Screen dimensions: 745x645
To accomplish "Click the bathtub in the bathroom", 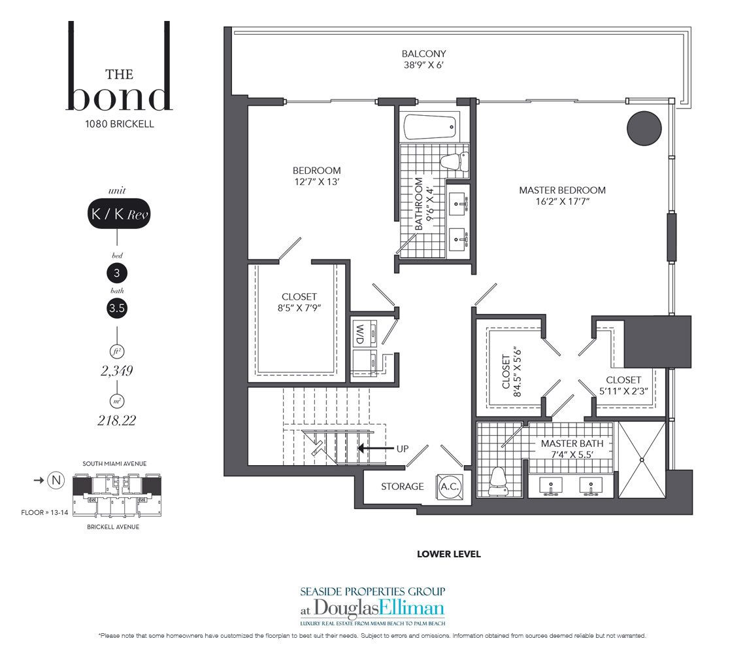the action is (x=431, y=126).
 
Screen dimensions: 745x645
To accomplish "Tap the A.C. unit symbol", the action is (x=449, y=487).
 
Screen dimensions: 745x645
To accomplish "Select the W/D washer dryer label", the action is (x=359, y=334).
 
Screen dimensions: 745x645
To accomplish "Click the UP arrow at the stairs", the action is (x=376, y=448).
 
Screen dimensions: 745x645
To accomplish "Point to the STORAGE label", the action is (x=402, y=486).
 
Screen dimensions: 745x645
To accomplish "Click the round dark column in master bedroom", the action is (x=644, y=128).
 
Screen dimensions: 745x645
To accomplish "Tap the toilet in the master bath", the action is (x=497, y=481).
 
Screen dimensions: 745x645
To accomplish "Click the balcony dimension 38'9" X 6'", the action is (x=423, y=65).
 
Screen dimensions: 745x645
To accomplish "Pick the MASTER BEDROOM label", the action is (x=562, y=190).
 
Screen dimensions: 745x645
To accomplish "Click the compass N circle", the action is (x=56, y=480).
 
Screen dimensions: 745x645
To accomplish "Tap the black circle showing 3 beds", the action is (x=117, y=273).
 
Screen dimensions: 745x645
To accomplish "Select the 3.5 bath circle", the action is (x=117, y=308).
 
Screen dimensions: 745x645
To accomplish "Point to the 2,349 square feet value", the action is (x=116, y=370).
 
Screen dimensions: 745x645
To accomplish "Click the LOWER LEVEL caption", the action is (x=448, y=554).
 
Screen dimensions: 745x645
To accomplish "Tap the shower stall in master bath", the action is (x=642, y=459).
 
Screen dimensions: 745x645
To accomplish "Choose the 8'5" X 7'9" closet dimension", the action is (x=299, y=307).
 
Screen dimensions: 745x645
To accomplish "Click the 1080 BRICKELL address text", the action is (x=119, y=124).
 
